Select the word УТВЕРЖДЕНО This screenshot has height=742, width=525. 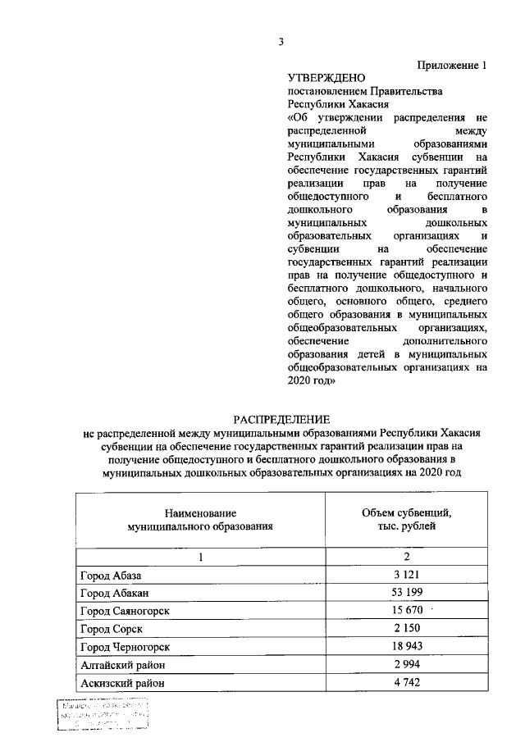point(326,78)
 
